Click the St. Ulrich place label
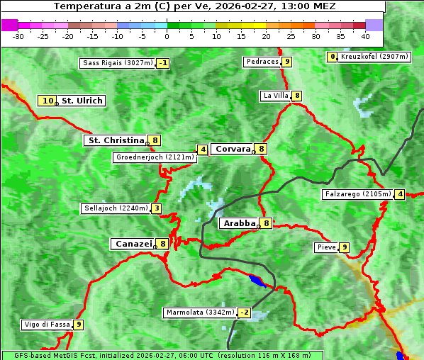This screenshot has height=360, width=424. pos(82,101)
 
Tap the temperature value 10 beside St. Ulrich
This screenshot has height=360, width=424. pos(48,101)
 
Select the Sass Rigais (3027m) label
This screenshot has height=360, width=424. pos(117,63)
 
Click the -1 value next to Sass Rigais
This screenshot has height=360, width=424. pos(163,63)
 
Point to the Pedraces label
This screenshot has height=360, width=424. pos(262,62)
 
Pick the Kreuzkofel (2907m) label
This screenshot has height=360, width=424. pos(374,56)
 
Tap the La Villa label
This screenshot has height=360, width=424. pos(276,96)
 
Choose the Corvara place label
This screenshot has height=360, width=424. pos(233,149)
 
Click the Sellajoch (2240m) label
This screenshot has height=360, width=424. pos(116,208)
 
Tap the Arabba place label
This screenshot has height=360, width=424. pos(239,223)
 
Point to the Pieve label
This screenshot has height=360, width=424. pos(326,247)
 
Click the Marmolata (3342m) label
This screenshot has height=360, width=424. pos(199,313)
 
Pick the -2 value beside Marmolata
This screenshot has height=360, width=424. pos(245,313)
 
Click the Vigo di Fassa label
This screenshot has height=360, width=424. pos(47,325)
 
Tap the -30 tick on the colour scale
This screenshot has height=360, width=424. pos(18,35)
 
